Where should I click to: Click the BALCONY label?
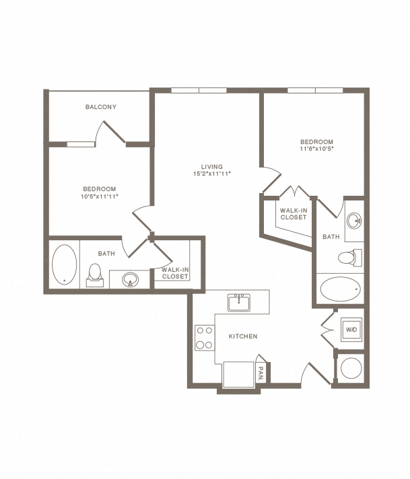tap(100, 107)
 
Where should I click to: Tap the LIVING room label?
tap(212, 167)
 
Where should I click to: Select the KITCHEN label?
tap(243, 336)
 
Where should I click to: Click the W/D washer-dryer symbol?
tap(351, 330)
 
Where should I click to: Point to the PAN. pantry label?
tap(261, 373)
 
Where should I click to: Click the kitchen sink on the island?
tap(239, 303)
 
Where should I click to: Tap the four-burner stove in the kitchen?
tap(205, 338)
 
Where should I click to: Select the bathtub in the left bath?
tap(64, 264)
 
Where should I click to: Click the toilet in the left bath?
tap(95, 275)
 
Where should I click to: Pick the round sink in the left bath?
tap(130, 279)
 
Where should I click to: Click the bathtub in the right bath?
tap(340, 289)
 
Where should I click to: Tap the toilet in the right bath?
tap(350, 258)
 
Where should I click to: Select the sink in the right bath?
tap(354, 220)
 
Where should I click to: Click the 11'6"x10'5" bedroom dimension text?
tap(316, 149)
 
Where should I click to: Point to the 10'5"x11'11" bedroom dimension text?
tap(100, 196)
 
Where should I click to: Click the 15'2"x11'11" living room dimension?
tap(212, 174)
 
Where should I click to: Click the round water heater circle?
tap(351, 368)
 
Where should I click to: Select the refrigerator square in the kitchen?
tap(238, 375)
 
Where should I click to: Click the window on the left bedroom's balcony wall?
tap(81, 144)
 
